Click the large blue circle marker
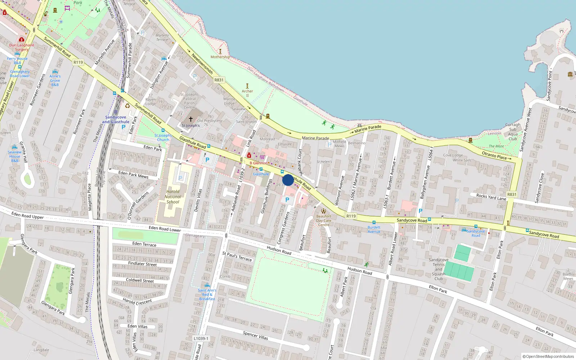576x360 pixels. pyautogui.click(x=288, y=180)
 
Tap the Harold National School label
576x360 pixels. pyautogui.click(x=173, y=197)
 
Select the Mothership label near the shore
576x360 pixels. pyautogui.click(x=220, y=57)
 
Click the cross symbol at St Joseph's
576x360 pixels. pyautogui.click(x=191, y=119)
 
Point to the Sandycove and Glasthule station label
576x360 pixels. pyautogui.click(x=116, y=120)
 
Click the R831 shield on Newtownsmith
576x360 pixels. pyautogui.click(x=219, y=80)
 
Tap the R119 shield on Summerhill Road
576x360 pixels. pyautogui.click(x=78, y=62)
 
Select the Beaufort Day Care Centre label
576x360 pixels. pyautogui.click(x=324, y=220)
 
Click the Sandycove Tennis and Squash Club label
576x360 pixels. pyautogui.click(x=438, y=269)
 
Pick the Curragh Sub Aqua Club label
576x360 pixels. pyautogui.click(x=513, y=132)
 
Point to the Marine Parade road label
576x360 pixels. pyautogui.click(x=316, y=138)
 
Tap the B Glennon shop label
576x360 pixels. pyautogui.click(x=258, y=163)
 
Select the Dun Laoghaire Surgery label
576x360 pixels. pyautogui.click(x=22, y=47)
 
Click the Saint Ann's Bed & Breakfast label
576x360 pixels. pyautogui.click(x=207, y=294)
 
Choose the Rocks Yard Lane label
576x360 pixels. pyautogui.click(x=491, y=197)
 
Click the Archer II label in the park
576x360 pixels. pyautogui.click(x=247, y=93)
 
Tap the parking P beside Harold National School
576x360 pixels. pyautogui.click(x=180, y=178)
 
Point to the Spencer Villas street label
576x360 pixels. pyautogui.click(x=255, y=336)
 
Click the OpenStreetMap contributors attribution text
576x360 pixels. pyautogui.click(x=548, y=356)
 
